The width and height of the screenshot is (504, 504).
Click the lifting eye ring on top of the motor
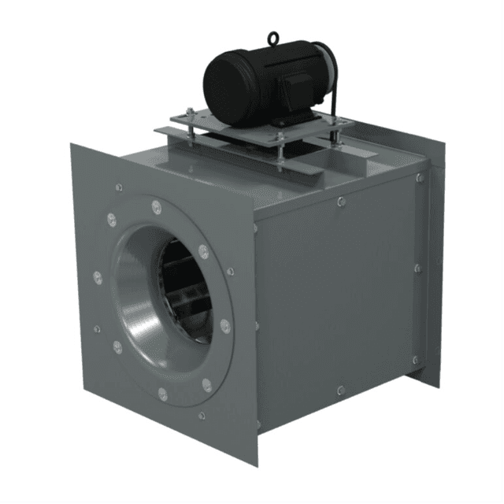(272, 37)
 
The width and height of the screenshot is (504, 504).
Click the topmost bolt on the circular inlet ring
(156, 207)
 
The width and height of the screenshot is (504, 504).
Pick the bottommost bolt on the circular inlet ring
(162, 393)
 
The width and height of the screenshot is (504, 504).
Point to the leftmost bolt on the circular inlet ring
(98, 277)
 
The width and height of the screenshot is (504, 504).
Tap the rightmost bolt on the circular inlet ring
(225, 324)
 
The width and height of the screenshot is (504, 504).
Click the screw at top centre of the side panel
(340, 202)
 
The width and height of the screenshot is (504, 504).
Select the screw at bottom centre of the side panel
(339, 390)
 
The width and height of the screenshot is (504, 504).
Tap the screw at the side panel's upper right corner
(419, 178)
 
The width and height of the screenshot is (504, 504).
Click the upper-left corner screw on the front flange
(118, 187)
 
